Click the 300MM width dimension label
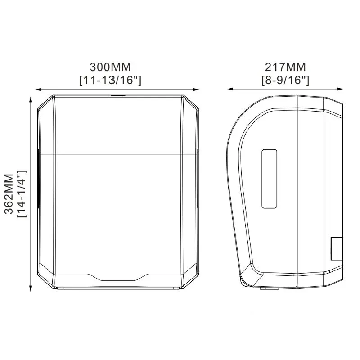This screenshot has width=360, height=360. tap(110, 67)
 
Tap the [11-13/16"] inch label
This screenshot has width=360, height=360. tap(110, 81)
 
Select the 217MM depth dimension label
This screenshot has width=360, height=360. tap(285, 67)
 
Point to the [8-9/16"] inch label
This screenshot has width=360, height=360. tap(285, 81)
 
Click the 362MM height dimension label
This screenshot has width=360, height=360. tap(9, 194)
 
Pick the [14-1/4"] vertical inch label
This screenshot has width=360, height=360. tap(22, 194)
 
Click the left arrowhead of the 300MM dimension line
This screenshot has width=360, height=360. tap(38, 90)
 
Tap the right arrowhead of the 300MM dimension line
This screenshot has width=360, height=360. tap(196, 90)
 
